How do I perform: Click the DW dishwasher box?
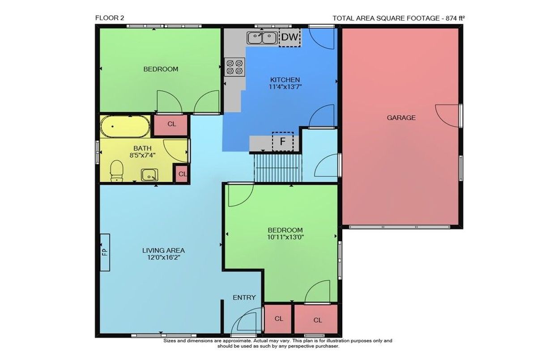click(x=290, y=38)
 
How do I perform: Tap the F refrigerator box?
click(x=283, y=141)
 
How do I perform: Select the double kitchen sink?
click(x=262, y=38)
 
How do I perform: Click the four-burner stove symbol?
click(x=234, y=67)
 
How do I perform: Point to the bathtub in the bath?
click(x=125, y=127)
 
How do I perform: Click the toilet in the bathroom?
click(x=116, y=171)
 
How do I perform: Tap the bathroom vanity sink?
click(x=149, y=174)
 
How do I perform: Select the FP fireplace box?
click(x=105, y=253)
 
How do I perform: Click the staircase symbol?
click(x=277, y=168)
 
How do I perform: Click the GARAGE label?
click(x=401, y=118)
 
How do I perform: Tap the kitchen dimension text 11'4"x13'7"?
click(x=285, y=86)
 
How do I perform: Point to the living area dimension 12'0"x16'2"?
click(x=164, y=258)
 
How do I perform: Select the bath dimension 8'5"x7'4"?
click(x=143, y=155)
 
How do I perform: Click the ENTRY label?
click(x=244, y=297)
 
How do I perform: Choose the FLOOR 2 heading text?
click(x=110, y=18)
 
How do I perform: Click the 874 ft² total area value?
click(x=455, y=18)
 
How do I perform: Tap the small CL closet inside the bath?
click(x=182, y=174)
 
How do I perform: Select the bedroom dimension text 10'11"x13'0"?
click(x=286, y=237)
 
